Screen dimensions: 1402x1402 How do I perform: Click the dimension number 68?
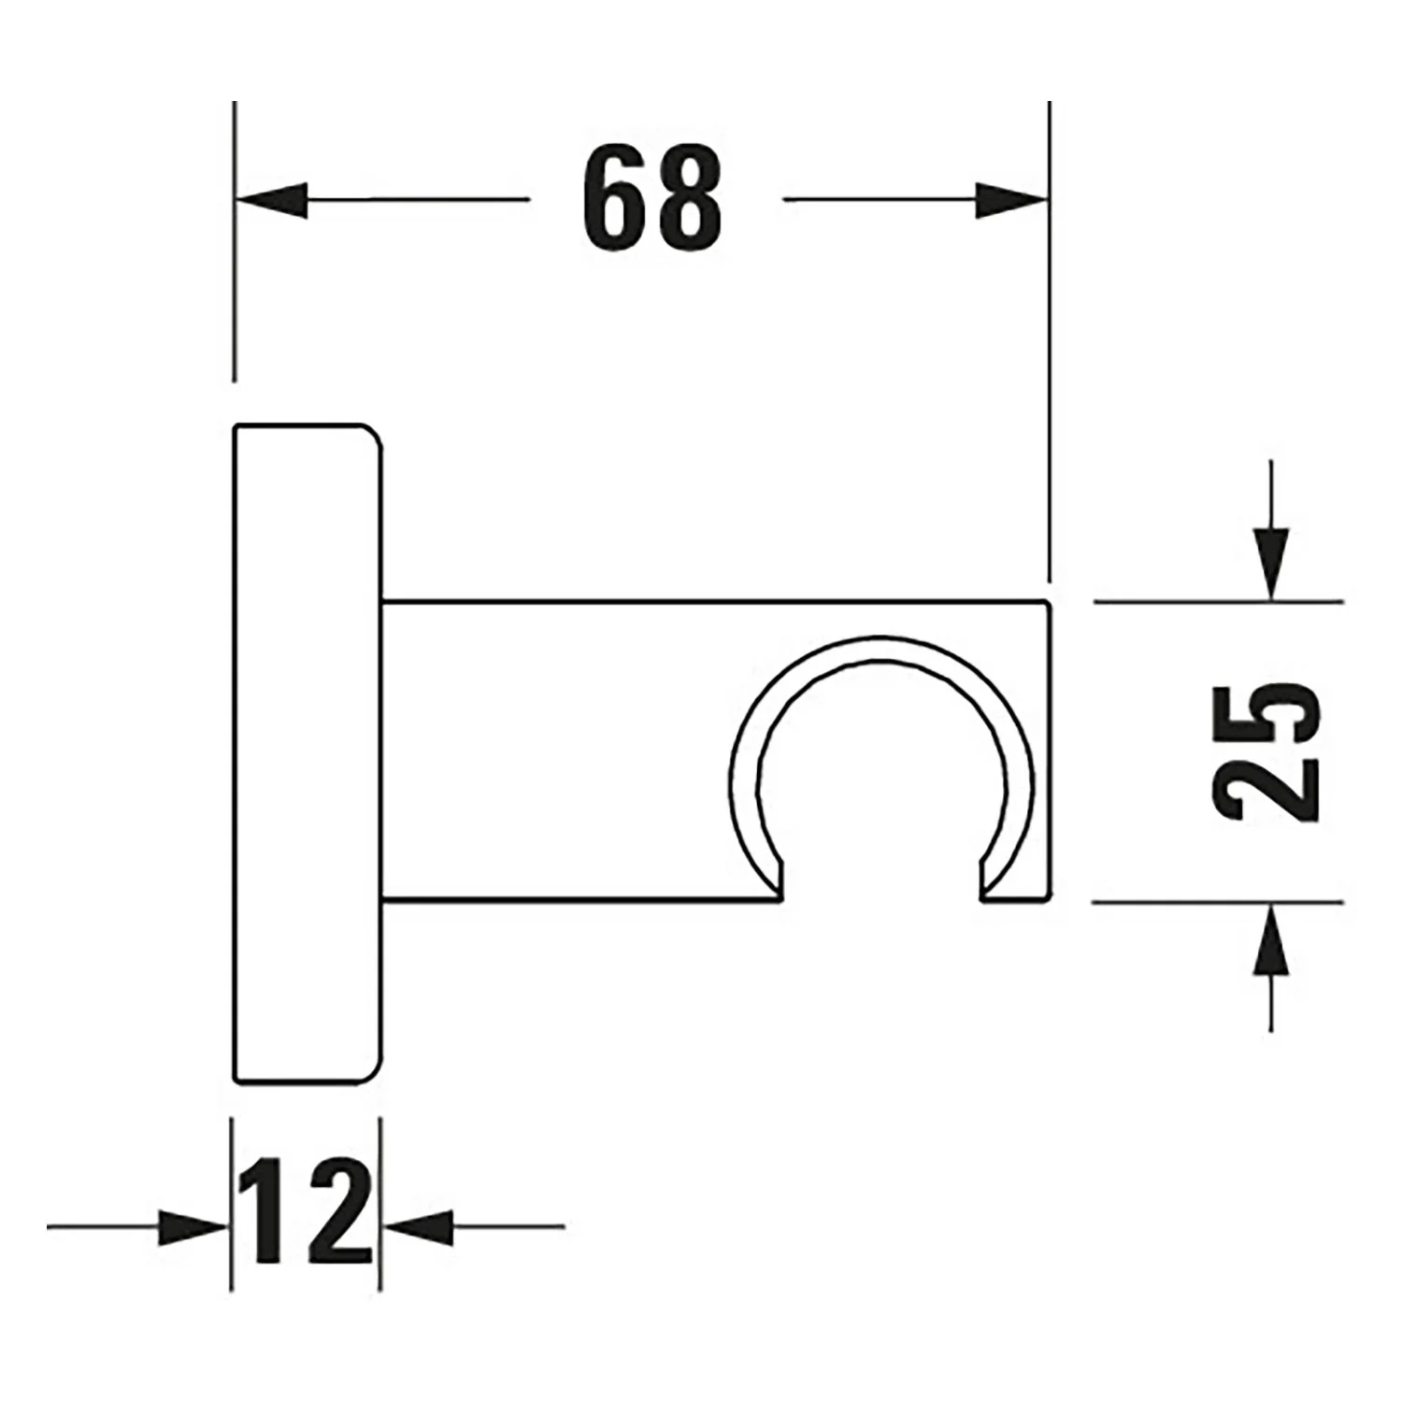pyautogui.click(x=651, y=199)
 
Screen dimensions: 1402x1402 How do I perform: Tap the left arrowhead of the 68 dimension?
pyautogui.click(x=271, y=199)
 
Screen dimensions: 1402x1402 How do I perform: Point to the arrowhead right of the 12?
pyautogui.click(x=419, y=1226)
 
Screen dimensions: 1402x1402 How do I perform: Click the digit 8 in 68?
pyautogui.click(x=690, y=199)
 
